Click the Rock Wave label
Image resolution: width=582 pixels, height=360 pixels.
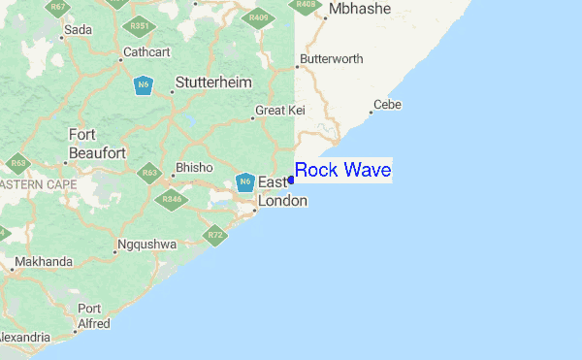pos(342,171)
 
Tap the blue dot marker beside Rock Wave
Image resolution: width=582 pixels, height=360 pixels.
pos(291,180)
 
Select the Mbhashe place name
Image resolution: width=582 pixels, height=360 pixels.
pos(359,10)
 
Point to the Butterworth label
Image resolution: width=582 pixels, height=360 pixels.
pos(332,59)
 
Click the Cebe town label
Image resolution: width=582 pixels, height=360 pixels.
pos(387,105)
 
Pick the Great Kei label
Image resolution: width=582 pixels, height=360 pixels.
pos(280,111)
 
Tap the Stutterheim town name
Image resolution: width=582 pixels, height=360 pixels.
pos(211,83)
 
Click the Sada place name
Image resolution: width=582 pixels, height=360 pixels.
pos(79,30)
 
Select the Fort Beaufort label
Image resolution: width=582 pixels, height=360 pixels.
pos(97,145)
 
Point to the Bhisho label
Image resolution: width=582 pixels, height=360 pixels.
pos(194,168)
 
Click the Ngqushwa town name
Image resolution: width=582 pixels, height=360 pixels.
pos(145,245)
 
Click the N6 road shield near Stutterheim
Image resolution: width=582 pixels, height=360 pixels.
pos(144,85)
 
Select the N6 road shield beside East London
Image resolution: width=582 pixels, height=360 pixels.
pos(244,181)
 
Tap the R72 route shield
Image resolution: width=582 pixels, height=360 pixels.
pos(216,235)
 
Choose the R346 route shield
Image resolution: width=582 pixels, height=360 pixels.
pos(172,200)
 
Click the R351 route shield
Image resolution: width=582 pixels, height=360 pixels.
pos(141,25)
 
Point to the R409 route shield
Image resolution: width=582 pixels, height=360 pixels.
pos(259,17)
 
